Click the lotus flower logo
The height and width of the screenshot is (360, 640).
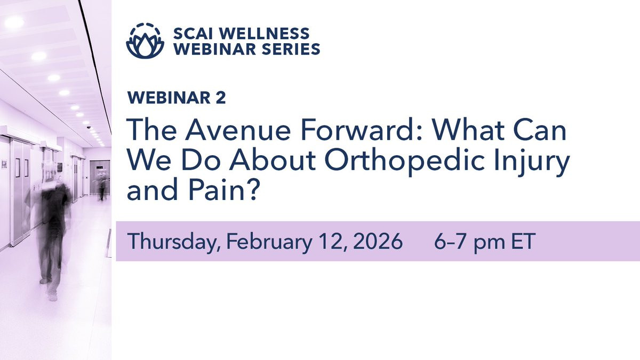tap(145, 41)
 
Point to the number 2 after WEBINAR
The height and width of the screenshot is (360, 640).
tap(221, 98)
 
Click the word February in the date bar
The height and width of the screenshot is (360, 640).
tap(269, 242)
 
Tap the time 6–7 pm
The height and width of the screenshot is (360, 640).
tap(469, 242)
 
